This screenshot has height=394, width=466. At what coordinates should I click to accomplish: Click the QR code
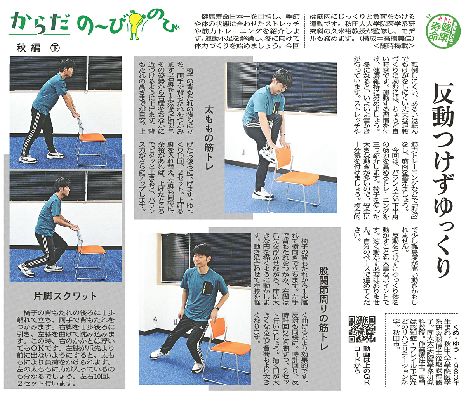pyautogui.click(x=362, y=329)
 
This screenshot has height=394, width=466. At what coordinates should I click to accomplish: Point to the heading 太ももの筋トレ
pyautogui.click(x=209, y=138)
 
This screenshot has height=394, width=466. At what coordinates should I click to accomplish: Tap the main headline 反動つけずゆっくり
pyautogui.click(x=442, y=181)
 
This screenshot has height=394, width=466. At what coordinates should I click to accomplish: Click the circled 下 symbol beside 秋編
pyautogui.click(x=55, y=48)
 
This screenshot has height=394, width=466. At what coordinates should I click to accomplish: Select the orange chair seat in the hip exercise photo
pyautogui.click(x=230, y=349)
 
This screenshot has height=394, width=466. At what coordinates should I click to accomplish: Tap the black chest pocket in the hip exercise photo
pyautogui.click(x=207, y=288)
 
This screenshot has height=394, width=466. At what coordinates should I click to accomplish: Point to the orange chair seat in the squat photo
pyautogui.click(x=92, y=250)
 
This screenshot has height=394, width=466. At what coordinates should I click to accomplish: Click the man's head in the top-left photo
pyautogui.click(x=67, y=67)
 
